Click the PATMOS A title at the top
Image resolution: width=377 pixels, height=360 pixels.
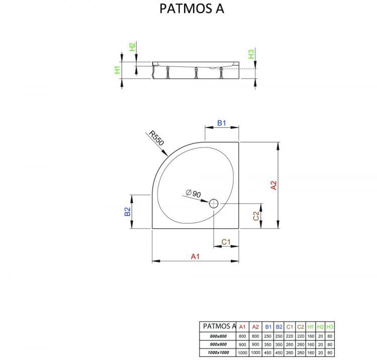(x=192, y=9)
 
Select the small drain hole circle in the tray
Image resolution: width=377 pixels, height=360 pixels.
(x=213, y=203)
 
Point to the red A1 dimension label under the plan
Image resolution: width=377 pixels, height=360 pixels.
(x=195, y=256)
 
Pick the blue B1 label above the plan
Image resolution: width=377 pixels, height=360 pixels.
(x=222, y=123)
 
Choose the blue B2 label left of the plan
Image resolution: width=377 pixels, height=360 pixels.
(x=128, y=212)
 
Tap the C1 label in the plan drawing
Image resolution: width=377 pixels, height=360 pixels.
(x=226, y=242)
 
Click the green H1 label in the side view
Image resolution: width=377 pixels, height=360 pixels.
(x=117, y=70)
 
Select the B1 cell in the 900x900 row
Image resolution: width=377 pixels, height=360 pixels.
(x=268, y=344)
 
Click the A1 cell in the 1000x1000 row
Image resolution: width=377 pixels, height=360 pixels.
(x=243, y=352)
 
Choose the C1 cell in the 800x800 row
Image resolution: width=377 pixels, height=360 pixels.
(x=290, y=335)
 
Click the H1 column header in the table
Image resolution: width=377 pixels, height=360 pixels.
(x=311, y=326)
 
